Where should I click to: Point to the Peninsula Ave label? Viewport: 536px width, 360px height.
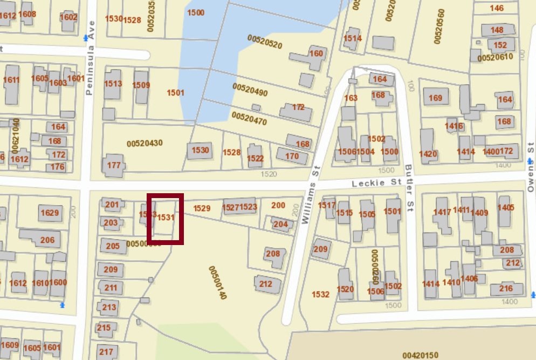(91, 58)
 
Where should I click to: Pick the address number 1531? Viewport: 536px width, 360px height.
(166, 218)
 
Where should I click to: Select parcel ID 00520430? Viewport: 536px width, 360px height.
(145, 143)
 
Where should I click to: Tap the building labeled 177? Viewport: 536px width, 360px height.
(114, 165)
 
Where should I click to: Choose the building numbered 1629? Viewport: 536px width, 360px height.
(49, 213)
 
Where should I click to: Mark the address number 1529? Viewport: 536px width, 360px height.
(202, 208)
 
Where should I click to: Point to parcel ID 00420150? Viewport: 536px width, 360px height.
(421, 355)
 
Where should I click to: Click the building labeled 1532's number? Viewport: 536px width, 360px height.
(320, 294)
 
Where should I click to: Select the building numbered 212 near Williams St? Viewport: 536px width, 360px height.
(266, 284)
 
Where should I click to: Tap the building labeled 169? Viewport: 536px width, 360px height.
(435, 98)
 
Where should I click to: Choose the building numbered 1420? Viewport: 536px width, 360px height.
(428, 154)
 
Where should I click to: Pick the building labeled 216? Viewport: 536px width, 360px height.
(506, 288)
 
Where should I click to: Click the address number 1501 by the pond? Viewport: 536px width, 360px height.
(175, 93)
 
